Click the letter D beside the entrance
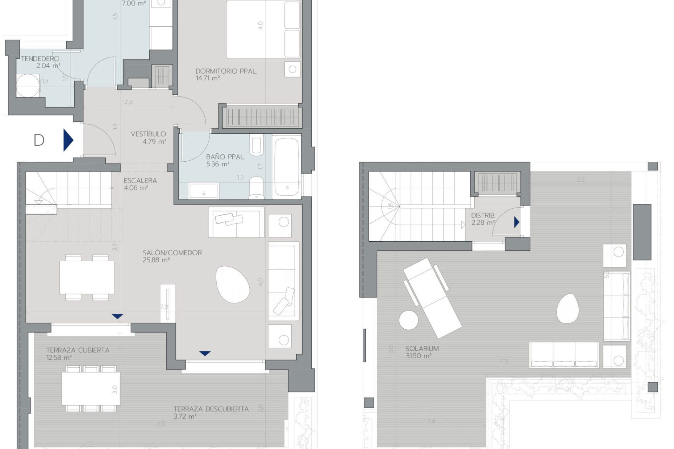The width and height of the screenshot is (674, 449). (x=39, y=140)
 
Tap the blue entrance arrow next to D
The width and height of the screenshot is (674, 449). (x=68, y=140)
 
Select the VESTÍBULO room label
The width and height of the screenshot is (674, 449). (x=148, y=134)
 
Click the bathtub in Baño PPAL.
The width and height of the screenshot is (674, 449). (x=287, y=167)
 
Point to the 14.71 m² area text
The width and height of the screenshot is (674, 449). (x=208, y=78)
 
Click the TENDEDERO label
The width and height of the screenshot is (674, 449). (x=40, y=59)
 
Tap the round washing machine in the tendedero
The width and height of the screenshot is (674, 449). (x=28, y=86)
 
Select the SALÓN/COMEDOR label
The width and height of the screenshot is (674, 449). (x=172, y=253)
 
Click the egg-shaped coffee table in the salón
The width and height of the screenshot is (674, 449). (x=233, y=284)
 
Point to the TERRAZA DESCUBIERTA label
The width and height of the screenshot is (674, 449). (x=211, y=409)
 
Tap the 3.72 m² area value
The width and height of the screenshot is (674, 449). (x=185, y=417)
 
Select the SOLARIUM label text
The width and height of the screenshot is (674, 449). (x=422, y=349)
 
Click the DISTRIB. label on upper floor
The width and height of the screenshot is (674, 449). (x=483, y=215)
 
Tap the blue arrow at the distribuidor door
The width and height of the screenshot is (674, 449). (x=516, y=222)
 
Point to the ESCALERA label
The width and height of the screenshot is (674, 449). (x=140, y=181)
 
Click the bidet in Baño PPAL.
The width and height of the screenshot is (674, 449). (x=257, y=146)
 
